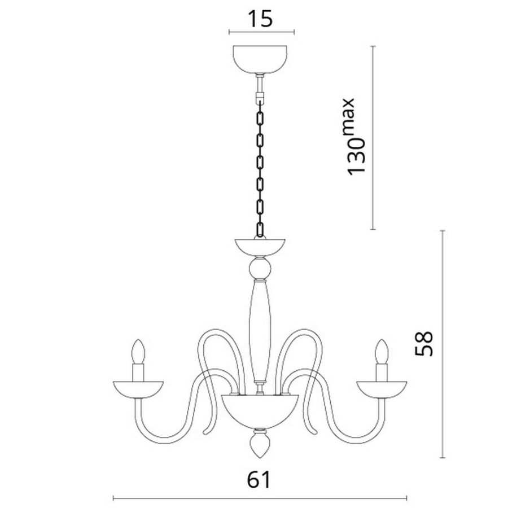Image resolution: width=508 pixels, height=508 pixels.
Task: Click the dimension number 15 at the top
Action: (x=260, y=19)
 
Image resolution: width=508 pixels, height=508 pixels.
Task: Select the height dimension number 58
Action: (x=424, y=343)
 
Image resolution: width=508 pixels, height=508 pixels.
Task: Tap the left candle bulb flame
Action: (x=139, y=352)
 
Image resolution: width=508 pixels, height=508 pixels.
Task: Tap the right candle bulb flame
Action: (x=382, y=352)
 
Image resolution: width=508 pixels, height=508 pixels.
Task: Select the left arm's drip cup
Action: (x=138, y=389)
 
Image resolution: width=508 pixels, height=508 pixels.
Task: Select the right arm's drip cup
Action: (x=382, y=389)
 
